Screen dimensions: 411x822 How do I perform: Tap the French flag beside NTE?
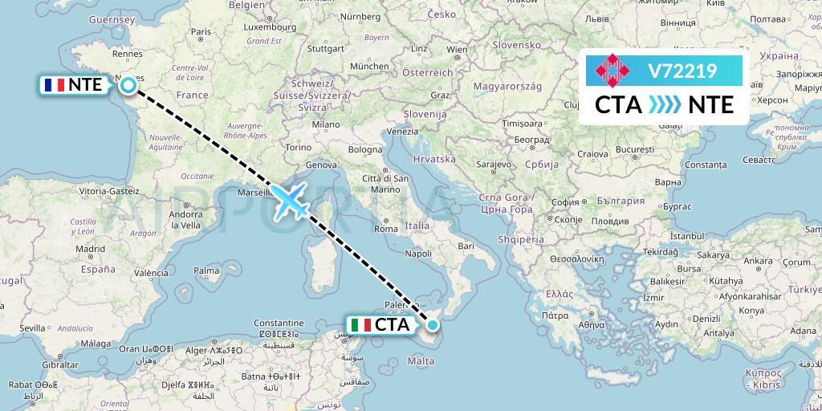[x=54, y=84]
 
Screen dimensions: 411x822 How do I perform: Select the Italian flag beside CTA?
[x=361, y=325]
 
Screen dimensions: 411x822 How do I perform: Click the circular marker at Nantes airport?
[x=128, y=84]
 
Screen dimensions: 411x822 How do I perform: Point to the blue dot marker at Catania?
[x=433, y=325]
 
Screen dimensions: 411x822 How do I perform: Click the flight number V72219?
[x=682, y=71]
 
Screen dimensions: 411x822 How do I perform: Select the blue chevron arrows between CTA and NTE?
[x=664, y=105]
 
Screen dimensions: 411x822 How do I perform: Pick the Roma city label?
[x=386, y=229]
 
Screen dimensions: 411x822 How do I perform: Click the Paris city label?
[x=200, y=32]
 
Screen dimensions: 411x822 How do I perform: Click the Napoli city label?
[x=418, y=254]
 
